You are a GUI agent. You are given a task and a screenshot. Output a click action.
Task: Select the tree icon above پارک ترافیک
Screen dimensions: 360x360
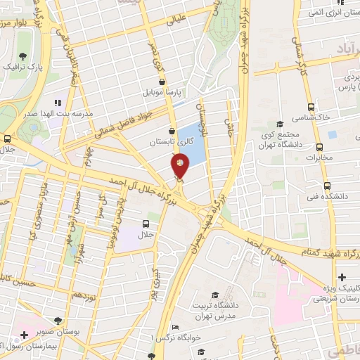pos(23,56)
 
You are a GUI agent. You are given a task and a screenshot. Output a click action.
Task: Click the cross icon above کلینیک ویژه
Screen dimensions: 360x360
pos(342,277)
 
